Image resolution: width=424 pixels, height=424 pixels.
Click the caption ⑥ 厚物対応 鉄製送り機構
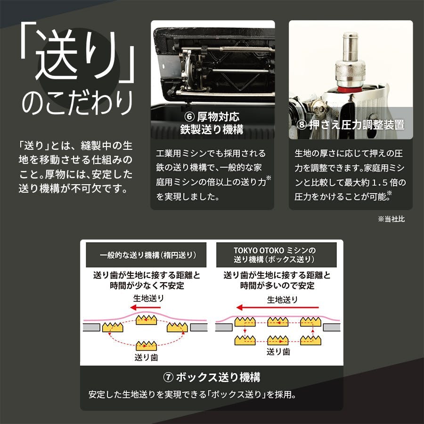click(212, 123)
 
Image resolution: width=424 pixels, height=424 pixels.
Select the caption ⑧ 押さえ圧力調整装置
click(351, 125)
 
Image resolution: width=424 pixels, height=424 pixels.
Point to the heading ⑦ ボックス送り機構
click(212, 377)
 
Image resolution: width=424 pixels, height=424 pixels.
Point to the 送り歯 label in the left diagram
click(146, 357)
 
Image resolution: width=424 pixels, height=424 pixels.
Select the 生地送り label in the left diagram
click(148, 298)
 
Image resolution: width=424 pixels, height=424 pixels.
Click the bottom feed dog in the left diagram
click(146, 345)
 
